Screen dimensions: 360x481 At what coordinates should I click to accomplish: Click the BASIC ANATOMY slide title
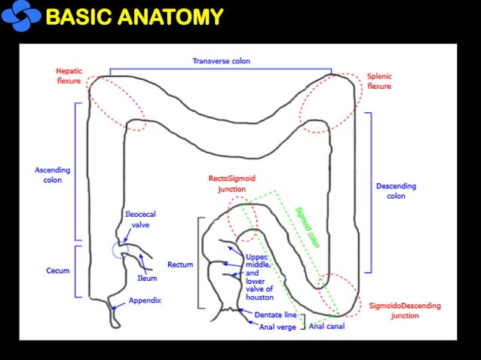click(x=134, y=16)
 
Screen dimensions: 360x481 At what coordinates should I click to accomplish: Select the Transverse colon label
click(x=221, y=61)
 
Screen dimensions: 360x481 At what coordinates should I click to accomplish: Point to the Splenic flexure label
click(x=379, y=81)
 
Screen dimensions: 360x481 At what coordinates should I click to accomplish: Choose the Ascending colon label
click(x=53, y=175)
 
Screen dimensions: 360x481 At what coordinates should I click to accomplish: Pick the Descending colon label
click(x=396, y=191)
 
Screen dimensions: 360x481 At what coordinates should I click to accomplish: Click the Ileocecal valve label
click(x=141, y=219)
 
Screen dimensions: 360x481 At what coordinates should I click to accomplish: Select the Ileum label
click(x=147, y=278)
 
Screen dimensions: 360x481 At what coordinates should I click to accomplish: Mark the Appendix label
click(x=145, y=300)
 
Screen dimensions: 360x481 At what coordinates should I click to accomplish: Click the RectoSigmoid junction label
click(x=231, y=184)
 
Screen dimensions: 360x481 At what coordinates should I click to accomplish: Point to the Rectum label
click(x=180, y=265)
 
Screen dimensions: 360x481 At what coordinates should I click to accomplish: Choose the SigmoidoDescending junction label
click(x=404, y=311)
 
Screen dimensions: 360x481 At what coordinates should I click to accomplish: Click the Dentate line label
click(x=275, y=314)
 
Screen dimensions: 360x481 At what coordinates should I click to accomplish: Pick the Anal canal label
click(x=326, y=326)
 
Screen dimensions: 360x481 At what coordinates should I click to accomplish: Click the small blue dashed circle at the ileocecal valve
click(x=119, y=249)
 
